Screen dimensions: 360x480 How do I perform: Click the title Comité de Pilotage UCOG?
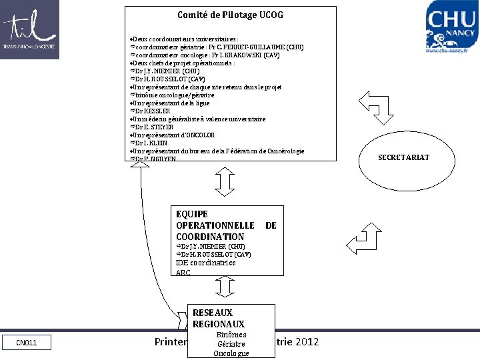(230, 15)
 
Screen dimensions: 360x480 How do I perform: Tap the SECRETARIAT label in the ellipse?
(403, 157)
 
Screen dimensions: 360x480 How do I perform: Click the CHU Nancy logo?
(451, 27)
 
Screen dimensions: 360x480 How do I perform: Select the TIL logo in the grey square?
(29, 29)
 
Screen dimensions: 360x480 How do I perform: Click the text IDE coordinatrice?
(205, 263)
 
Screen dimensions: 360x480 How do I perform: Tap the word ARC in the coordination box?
(183, 273)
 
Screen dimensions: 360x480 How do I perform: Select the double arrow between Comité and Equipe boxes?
(226, 181)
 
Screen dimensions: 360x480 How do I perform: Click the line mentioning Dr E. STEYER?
(154, 127)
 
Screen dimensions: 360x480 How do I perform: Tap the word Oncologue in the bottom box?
(231, 353)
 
